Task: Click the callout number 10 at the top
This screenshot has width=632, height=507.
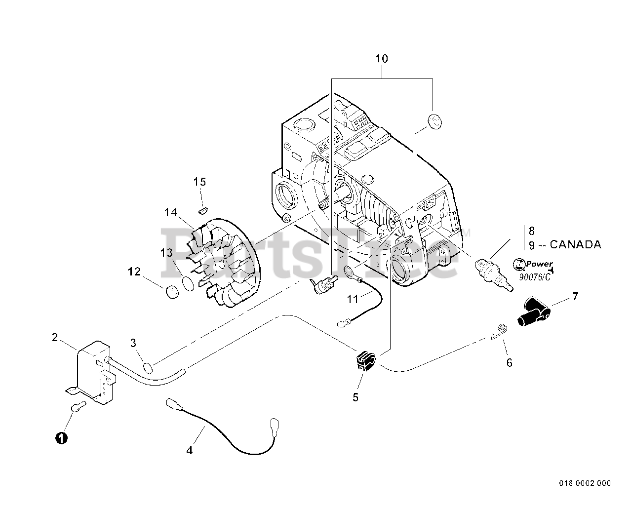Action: pyautogui.click(x=382, y=59)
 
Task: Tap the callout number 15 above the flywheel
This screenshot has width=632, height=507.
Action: pyautogui.click(x=199, y=182)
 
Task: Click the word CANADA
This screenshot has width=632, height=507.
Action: pyautogui.click(x=575, y=244)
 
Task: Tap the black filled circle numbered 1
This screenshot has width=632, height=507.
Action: pyautogui.click(x=61, y=437)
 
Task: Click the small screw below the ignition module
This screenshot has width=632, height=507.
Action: pyautogui.click(x=78, y=407)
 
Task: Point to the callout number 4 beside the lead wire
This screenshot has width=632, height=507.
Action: pyautogui.click(x=190, y=450)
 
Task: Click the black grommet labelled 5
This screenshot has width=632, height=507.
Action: pyautogui.click(x=365, y=361)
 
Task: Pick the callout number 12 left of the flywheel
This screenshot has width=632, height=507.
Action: pyautogui.click(x=134, y=272)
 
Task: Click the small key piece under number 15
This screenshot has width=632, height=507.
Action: pyautogui.click(x=200, y=211)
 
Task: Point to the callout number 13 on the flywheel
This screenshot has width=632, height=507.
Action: pyautogui.click(x=166, y=253)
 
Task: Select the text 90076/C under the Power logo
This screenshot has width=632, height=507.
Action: pyautogui.click(x=534, y=277)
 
